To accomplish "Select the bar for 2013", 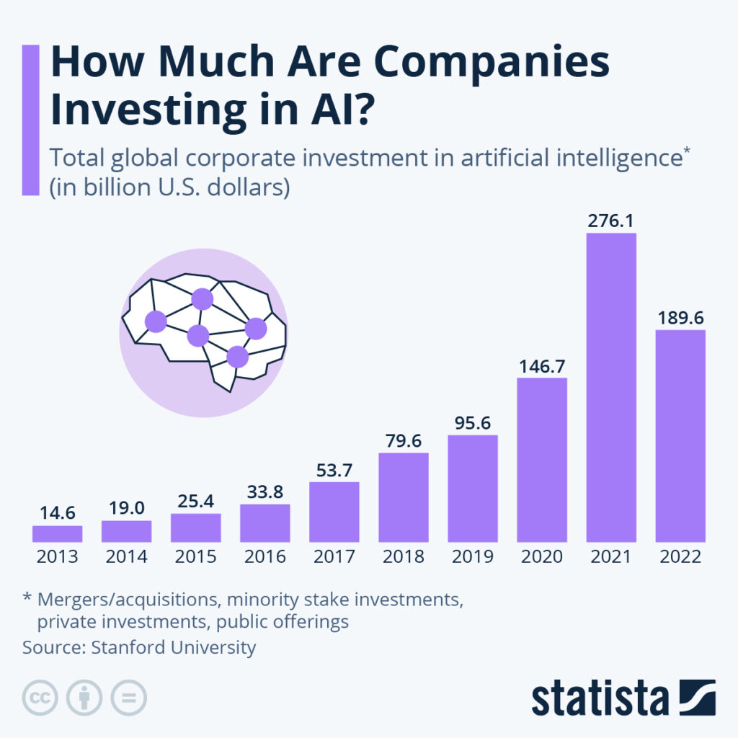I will [57, 534].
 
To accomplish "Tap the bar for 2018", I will [403, 497].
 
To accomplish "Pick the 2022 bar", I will [680, 435].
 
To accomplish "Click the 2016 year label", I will [264, 556].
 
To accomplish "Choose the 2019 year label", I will [472, 556].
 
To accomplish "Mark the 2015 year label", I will [195, 556].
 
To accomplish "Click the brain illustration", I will [203, 331].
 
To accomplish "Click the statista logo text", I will [600, 698].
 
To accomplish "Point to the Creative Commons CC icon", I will [41, 698].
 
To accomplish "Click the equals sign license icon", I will [128, 698].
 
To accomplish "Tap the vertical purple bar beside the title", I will [30, 120].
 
